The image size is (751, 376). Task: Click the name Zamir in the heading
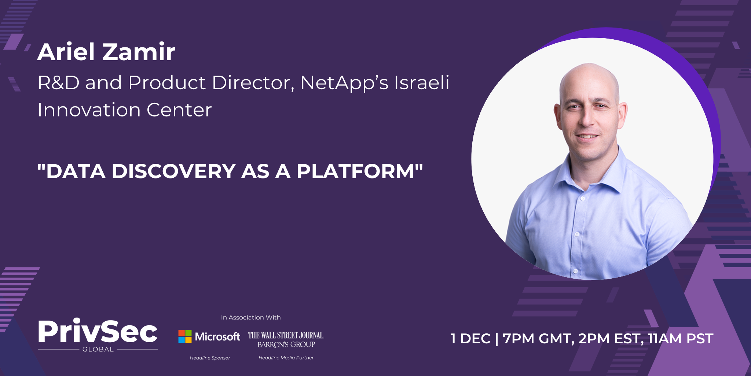(x=139, y=52)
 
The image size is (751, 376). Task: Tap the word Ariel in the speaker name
(x=66, y=52)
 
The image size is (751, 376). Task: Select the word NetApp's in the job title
(x=344, y=82)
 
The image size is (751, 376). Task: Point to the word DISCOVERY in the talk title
(x=173, y=171)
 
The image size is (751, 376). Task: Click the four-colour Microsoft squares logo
(x=185, y=336)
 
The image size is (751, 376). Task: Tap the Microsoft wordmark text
(x=217, y=336)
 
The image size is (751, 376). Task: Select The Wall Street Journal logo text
(x=286, y=335)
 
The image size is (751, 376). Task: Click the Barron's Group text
(x=286, y=344)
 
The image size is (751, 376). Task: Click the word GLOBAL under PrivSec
(x=98, y=350)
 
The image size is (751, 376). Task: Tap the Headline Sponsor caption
(x=210, y=358)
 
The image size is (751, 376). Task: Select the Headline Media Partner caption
(x=286, y=358)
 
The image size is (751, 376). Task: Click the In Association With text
(x=251, y=318)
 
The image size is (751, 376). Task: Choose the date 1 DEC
(x=470, y=339)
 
